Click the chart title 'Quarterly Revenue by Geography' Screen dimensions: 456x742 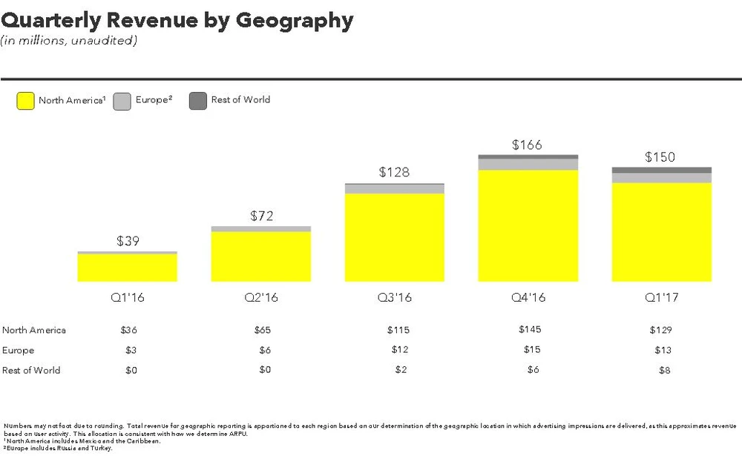click(x=177, y=20)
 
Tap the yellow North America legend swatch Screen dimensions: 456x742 click(x=25, y=101)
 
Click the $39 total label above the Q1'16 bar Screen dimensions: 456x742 click(x=127, y=241)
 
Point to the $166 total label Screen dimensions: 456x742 click(x=528, y=145)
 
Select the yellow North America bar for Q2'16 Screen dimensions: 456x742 click(x=260, y=257)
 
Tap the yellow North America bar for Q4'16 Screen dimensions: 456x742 click(x=528, y=225)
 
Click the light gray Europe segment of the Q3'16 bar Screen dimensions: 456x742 click(x=394, y=189)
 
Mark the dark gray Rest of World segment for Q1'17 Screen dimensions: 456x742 click(x=661, y=171)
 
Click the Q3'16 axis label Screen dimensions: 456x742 click(x=394, y=297)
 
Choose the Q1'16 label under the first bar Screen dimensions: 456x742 click(x=127, y=297)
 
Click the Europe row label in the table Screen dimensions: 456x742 click(x=19, y=350)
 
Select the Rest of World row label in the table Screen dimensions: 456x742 click(x=31, y=370)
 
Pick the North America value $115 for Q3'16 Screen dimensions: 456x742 click(x=398, y=330)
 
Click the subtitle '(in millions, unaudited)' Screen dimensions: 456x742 click(x=68, y=41)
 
